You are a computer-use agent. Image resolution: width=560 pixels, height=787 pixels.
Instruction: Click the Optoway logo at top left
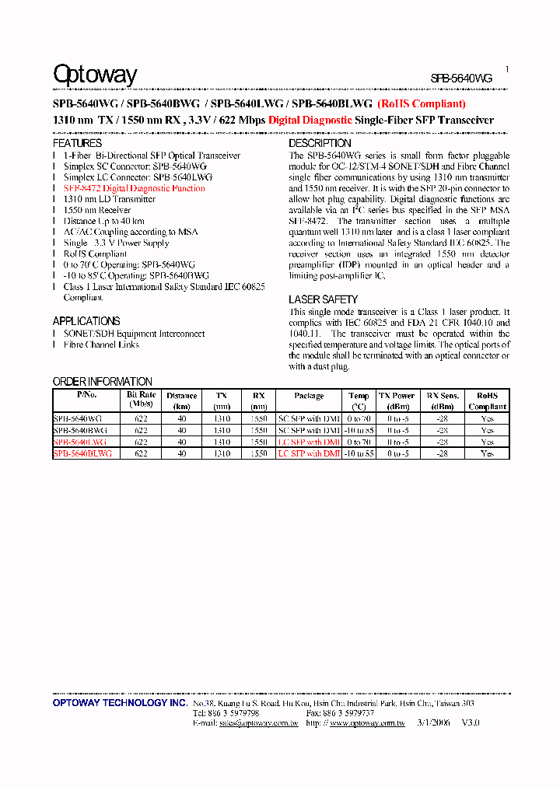tap(95, 75)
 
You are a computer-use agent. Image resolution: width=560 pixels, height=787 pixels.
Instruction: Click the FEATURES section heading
tap(77, 144)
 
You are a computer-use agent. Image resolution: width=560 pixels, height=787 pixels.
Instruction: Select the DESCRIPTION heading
tap(320, 144)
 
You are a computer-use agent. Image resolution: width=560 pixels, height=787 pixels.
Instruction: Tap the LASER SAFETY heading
tap(323, 299)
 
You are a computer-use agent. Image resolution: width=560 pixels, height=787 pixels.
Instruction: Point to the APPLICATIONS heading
tap(86, 321)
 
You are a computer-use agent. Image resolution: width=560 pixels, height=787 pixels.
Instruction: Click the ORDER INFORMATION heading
tap(102, 382)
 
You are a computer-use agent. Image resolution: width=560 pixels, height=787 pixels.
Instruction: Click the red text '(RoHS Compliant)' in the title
tap(422, 103)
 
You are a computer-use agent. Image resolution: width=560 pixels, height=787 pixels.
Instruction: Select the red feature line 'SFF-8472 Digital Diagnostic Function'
tap(134, 188)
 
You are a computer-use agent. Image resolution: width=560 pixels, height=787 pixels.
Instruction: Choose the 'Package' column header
tap(309, 396)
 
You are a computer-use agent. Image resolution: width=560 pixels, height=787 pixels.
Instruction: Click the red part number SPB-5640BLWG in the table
tap(82, 453)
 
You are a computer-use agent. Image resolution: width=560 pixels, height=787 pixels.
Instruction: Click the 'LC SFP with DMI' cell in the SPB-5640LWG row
tap(309, 442)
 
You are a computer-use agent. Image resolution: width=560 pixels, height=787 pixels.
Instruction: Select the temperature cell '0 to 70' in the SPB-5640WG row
tap(359, 418)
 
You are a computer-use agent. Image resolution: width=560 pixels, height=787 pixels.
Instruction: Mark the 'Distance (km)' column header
tap(181, 400)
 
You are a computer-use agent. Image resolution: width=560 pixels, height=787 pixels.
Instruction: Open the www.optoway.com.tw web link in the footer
tap(367, 723)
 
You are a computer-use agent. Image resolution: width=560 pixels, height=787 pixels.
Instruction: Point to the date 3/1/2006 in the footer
tap(432, 723)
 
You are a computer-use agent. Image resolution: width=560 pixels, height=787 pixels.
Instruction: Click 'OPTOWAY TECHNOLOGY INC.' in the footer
tap(120, 703)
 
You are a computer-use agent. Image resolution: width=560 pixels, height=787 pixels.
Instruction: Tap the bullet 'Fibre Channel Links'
tap(101, 345)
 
